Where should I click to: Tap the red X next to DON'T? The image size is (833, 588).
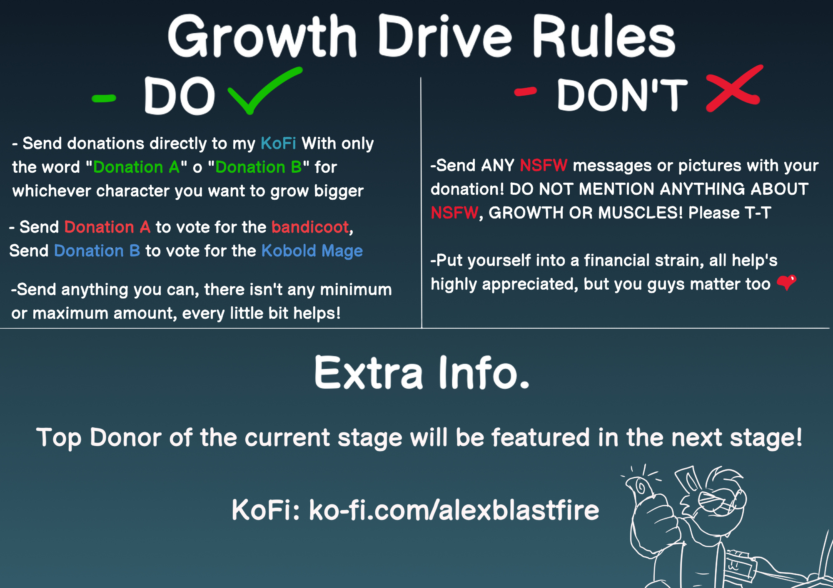(x=734, y=89)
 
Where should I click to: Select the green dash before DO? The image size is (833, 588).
(x=104, y=99)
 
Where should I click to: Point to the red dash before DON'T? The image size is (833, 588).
(x=526, y=92)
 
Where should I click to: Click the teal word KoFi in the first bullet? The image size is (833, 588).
(x=278, y=143)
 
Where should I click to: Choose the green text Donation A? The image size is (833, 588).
(x=136, y=167)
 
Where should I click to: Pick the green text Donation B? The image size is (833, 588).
(x=259, y=167)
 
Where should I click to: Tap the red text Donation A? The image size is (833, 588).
(x=107, y=227)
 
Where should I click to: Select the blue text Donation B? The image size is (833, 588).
(x=97, y=251)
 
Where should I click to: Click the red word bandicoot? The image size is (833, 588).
(x=310, y=227)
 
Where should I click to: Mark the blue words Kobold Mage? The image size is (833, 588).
(x=312, y=251)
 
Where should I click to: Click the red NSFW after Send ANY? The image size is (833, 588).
(x=544, y=165)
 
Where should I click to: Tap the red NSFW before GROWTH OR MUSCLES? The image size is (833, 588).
(x=454, y=213)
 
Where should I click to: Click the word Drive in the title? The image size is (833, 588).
(x=444, y=37)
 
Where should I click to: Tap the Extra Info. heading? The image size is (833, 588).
(x=422, y=372)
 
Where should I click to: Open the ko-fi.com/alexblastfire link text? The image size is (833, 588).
(x=454, y=510)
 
